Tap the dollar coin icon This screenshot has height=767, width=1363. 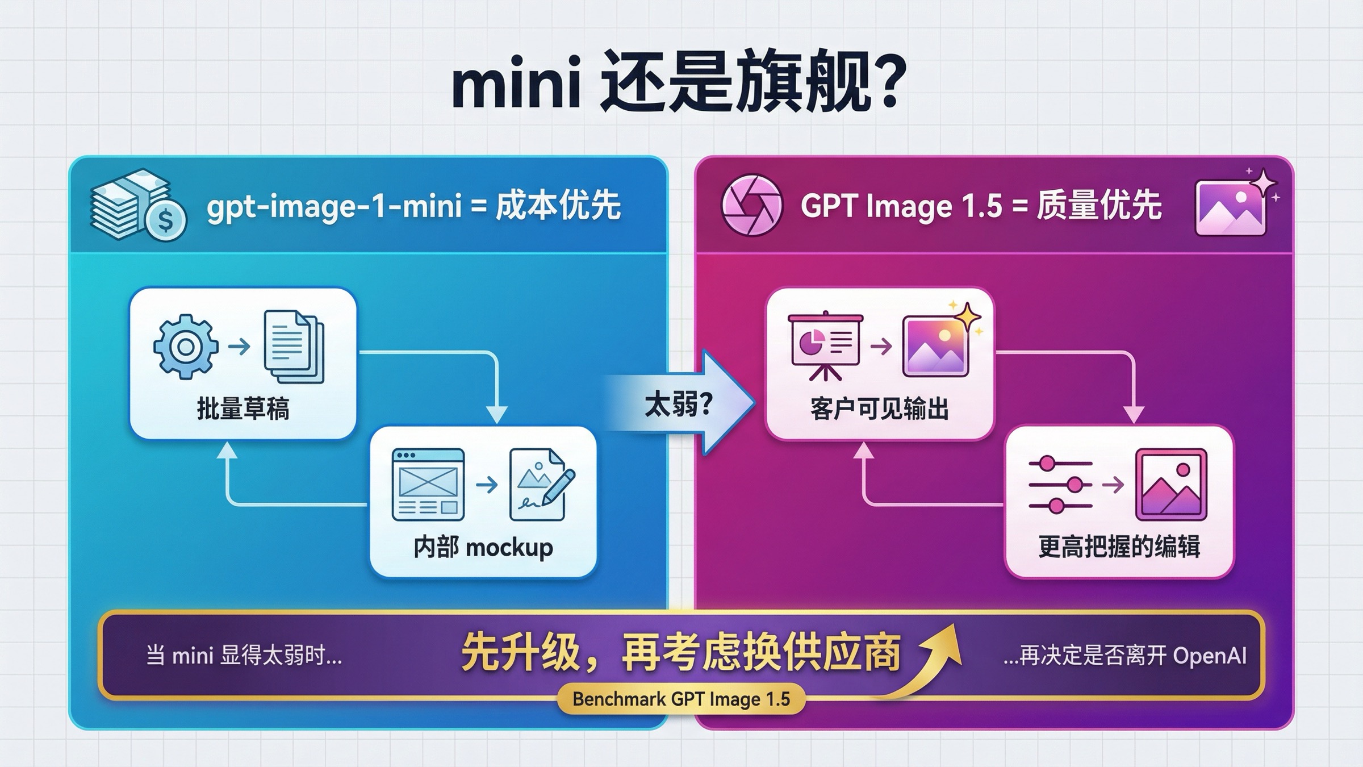pyautogui.click(x=165, y=220)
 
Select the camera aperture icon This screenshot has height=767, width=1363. pyautogui.click(x=751, y=205)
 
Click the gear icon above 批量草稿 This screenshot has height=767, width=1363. pyautogui.click(x=186, y=347)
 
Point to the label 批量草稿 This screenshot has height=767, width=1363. pyautogui.click(x=243, y=408)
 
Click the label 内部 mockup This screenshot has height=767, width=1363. pyautogui.click(x=483, y=548)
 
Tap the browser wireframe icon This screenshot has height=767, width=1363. pyautogui.click(x=428, y=485)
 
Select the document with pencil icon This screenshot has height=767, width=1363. pyautogui.click(x=540, y=485)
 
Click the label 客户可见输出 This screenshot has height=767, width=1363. pyautogui.click(x=879, y=408)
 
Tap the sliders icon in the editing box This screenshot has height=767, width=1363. pyautogui.click(x=1060, y=485)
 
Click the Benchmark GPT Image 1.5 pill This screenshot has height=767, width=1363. pyautogui.click(x=681, y=699)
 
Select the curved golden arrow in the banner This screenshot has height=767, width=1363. pyautogui.click(x=931, y=665)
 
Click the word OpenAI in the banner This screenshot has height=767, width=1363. pyautogui.click(x=1210, y=656)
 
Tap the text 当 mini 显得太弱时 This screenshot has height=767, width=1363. pyautogui.click(x=244, y=656)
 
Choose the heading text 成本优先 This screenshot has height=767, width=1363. pyautogui.click(x=558, y=206)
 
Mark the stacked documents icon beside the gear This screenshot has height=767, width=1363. pyautogui.click(x=294, y=347)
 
